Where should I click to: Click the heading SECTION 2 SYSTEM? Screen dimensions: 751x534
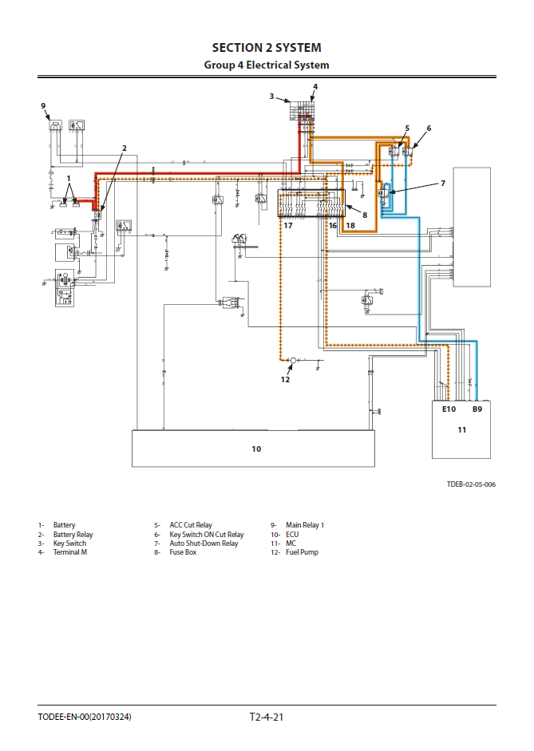pos(267,48)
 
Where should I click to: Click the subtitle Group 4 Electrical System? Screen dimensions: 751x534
pos(267,65)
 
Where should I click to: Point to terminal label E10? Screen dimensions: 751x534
pos(448,409)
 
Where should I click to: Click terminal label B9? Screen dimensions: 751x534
pos(477,409)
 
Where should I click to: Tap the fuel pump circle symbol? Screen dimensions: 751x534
pos(293,362)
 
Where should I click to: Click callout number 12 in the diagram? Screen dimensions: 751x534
pos(285,379)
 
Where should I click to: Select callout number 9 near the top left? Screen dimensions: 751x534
pos(44,105)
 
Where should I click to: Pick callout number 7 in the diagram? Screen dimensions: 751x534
pos(443,184)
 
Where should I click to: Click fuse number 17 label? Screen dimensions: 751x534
pos(287,226)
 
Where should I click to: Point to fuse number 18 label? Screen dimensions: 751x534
pos(350,226)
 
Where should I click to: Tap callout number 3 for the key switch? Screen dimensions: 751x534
pos(271,97)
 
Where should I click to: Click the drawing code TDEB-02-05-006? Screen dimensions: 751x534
pos(471,484)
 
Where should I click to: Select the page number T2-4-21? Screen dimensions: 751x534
pos(267,717)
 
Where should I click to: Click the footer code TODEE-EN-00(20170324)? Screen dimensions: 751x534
pos(85,717)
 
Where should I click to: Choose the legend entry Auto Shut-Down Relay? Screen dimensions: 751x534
pos(204,543)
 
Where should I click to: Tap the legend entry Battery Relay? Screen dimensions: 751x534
pos(73,535)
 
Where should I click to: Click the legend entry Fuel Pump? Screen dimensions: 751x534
pos(302,552)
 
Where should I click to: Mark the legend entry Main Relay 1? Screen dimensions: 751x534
pos(305,525)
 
